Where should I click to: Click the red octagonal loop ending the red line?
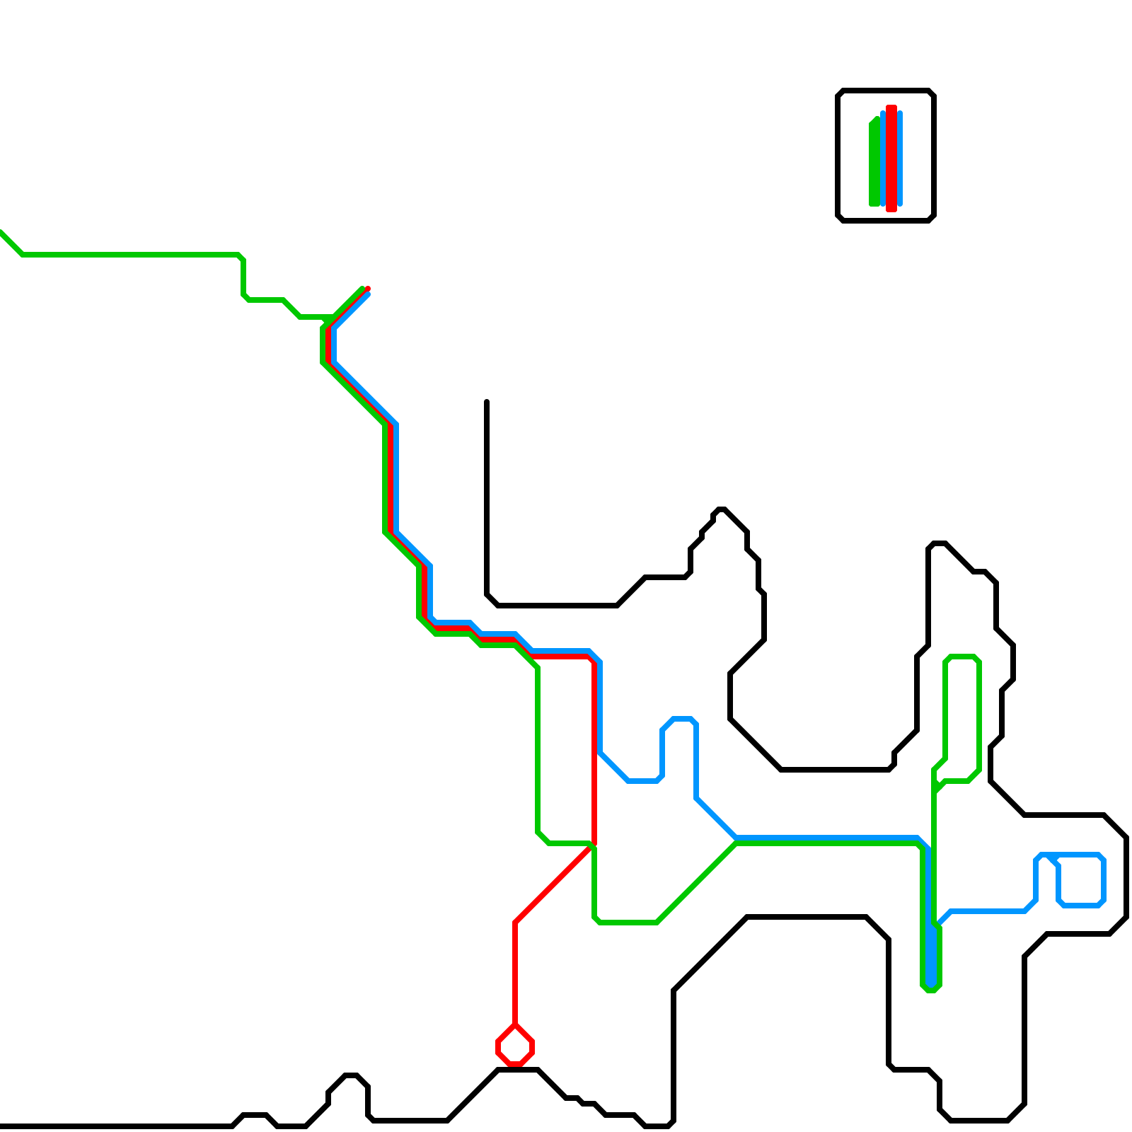point(515,1045)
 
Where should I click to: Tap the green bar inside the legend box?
point(874,163)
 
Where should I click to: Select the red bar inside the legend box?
point(891,158)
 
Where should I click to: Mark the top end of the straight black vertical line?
point(487,402)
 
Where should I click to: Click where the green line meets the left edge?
point(2,232)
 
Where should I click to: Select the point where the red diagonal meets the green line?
point(592,845)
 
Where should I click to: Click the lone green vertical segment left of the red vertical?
point(538,750)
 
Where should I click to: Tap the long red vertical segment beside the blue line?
point(594,750)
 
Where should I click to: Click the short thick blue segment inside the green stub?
point(931,955)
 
